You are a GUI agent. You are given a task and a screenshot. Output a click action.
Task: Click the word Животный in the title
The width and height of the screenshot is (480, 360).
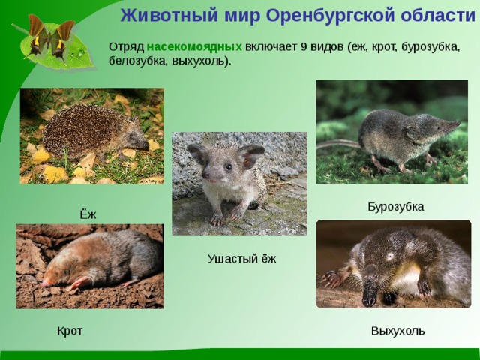click(157, 15)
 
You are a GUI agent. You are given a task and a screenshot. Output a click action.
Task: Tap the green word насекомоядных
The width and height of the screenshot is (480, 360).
click(194, 46)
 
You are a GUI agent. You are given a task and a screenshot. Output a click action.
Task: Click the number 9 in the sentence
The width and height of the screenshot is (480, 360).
click(303, 46)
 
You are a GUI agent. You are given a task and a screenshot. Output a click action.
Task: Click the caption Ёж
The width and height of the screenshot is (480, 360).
click(88, 215)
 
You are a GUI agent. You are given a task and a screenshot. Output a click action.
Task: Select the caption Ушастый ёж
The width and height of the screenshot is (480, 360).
click(241, 259)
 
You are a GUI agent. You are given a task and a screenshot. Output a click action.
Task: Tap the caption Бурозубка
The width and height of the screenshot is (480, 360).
click(395, 206)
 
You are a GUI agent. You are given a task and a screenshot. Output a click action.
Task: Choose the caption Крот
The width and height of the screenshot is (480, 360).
click(70, 331)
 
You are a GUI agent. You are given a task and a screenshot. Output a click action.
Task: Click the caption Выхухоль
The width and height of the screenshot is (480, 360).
click(397, 331)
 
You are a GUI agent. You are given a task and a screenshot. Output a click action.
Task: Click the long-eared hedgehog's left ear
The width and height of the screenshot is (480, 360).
click(196, 153)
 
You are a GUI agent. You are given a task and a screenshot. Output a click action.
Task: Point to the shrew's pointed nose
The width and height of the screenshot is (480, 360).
click(457, 124)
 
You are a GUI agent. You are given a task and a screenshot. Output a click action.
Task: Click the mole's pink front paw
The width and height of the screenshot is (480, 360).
click(78, 283)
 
